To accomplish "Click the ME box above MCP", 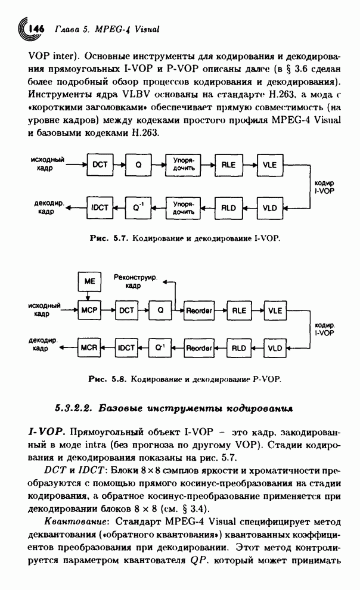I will (89, 281).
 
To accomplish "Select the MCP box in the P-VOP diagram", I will (89, 310).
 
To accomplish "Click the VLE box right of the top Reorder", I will (275, 310).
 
